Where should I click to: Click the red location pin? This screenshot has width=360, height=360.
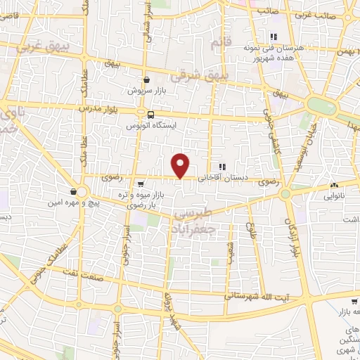point(181,165)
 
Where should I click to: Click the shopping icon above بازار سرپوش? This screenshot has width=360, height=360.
point(146,80)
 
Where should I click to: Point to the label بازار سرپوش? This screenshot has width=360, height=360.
point(146,91)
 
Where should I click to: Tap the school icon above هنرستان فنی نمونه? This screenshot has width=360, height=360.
point(273,37)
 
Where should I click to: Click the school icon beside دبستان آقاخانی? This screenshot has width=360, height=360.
point(222,167)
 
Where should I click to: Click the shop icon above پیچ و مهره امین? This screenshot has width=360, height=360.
point(74,191)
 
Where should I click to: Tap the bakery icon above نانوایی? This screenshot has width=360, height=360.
point(333,186)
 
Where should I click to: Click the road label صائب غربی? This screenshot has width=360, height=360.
point(333,14)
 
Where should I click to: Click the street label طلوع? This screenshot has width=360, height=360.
point(250,233)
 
